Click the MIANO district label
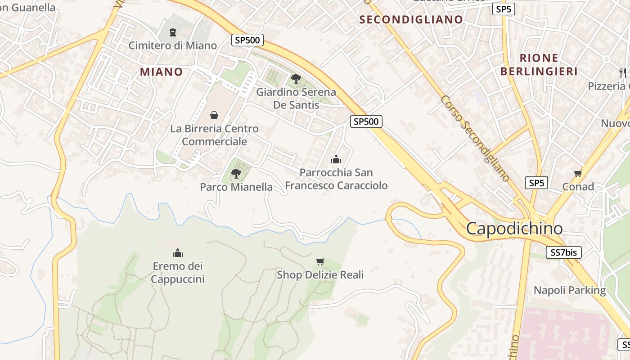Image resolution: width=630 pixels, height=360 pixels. coord(161,72)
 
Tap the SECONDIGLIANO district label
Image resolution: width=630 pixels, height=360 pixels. coord(411,19)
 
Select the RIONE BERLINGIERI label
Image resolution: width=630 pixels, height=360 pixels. coord(539,64)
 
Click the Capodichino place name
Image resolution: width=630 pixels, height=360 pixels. coord(514,229)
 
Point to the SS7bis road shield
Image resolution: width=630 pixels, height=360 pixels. coord(563,252)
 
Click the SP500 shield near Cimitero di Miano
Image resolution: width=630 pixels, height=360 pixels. coord(247,40)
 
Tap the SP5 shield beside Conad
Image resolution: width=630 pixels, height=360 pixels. coord(536,183)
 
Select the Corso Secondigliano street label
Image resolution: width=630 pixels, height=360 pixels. coord(475,138)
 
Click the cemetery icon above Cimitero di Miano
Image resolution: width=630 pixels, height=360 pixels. coord(172,32)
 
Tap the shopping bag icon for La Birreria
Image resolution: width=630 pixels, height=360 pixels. coord(214,115)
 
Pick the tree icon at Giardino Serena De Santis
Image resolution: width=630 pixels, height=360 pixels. coord(296,79)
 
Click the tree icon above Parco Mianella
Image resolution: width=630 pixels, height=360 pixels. coord(236,173)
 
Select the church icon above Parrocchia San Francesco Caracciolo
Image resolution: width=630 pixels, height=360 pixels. coord(336,159)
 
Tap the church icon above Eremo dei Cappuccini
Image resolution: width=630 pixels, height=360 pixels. coord(178,253)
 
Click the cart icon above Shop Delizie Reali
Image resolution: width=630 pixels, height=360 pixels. coord(320,261)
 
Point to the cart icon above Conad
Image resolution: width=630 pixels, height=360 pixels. coord(578,173)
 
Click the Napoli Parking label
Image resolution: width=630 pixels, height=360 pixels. coord(570,290)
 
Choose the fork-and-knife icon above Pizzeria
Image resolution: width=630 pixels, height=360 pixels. coord(623,72)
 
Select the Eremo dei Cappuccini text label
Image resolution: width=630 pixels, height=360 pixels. coord(178,273)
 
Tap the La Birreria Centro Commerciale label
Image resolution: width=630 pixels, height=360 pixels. coord(214,135)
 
